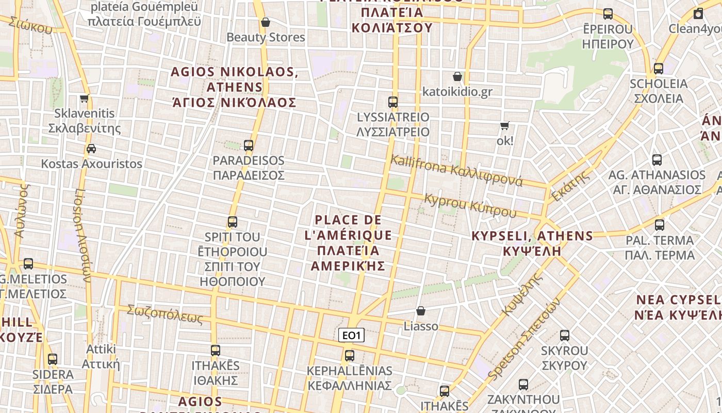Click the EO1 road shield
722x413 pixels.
tap(351, 335)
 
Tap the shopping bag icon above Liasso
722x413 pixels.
tap(421, 311)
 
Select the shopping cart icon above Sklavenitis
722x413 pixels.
tap(85, 98)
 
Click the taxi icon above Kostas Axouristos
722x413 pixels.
tap(91, 149)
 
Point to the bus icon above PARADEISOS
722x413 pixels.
tap(249, 146)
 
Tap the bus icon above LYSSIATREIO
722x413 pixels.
tap(393, 102)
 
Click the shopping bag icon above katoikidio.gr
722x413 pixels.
tap(457, 77)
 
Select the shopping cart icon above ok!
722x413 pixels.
tap(505, 125)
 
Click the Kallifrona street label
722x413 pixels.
tap(456, 170)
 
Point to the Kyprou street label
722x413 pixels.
tap(470, 205)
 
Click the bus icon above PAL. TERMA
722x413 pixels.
tap(659, 225)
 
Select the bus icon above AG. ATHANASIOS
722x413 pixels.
tap(657, 160)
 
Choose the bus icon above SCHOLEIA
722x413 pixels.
tap(659, 69)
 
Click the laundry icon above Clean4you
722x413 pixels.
tap(698, 13)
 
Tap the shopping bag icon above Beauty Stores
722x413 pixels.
tap(266, 22)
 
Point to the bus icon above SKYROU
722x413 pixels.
tap(565, 336)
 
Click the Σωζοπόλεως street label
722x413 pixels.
tap(165, 314)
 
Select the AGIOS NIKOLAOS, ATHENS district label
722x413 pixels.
tap(235, 87)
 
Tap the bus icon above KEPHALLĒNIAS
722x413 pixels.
tap(350, 356)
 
